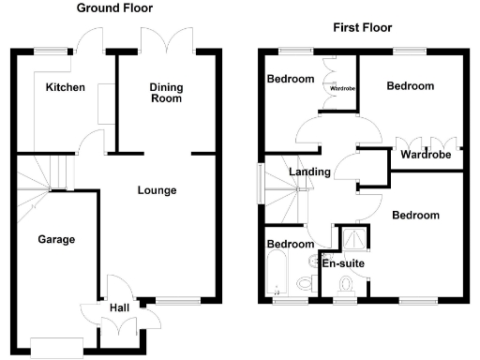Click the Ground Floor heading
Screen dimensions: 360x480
(115, 8)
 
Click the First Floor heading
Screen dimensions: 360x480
(362, 27)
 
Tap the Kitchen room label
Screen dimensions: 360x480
(65, 87)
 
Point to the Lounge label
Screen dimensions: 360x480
(157, 190)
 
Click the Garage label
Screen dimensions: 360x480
(55, 239)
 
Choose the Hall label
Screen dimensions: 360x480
(119, 307)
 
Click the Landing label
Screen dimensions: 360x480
(309, 172)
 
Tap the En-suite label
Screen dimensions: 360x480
(343, 263)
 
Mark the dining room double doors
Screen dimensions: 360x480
(156, 42)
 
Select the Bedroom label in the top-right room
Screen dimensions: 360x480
(411, 85)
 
